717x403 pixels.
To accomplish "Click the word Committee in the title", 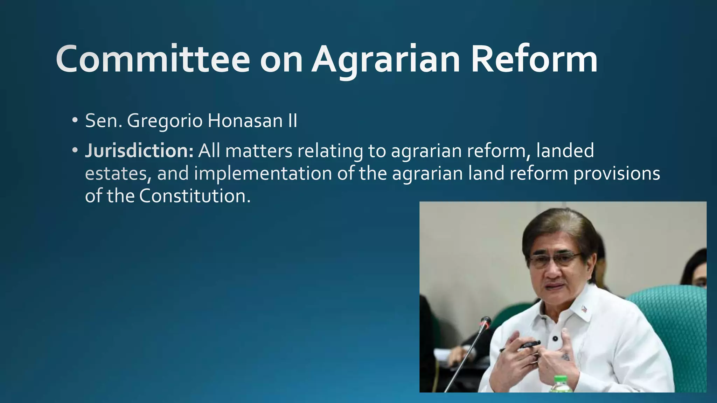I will coord(153,59).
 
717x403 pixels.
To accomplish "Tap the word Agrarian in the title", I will coord(386,59).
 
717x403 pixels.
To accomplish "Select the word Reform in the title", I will coord(534,59).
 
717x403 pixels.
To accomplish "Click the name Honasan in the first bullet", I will coord(245,121).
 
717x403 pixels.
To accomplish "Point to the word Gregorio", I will coord(165,121).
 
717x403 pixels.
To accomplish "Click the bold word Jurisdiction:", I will coord(139,151).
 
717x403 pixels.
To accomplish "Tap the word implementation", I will coord(263,174).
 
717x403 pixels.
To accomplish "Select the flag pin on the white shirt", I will coord(584,309).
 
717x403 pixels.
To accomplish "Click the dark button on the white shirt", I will coord(555,338).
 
